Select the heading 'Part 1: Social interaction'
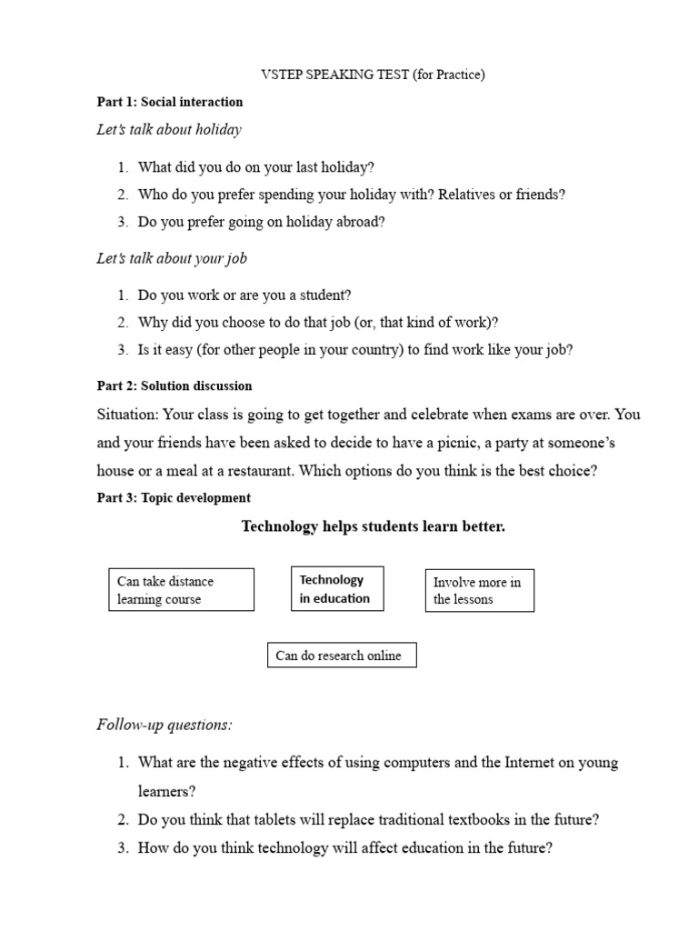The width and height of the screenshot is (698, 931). [170, 102]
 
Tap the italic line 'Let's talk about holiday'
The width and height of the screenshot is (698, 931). [169, 129]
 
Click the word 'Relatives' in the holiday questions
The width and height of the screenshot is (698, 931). [467, 195]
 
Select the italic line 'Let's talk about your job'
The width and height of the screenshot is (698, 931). [172, 258]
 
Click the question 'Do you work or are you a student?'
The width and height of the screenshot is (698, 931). [244, 295]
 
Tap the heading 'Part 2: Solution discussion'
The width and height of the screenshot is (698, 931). [174, 385]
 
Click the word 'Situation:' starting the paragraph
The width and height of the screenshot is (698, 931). [126, 415]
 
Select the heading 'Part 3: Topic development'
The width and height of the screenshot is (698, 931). [174, 497]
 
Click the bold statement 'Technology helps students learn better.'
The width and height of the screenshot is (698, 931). [373, 526]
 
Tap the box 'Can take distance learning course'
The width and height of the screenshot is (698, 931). [181, 590]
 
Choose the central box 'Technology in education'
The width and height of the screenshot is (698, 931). [336, 589]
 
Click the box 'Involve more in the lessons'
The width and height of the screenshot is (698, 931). [480, 590]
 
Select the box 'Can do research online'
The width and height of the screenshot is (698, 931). [342, 656]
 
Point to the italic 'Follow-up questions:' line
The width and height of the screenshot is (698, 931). [165, 725]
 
